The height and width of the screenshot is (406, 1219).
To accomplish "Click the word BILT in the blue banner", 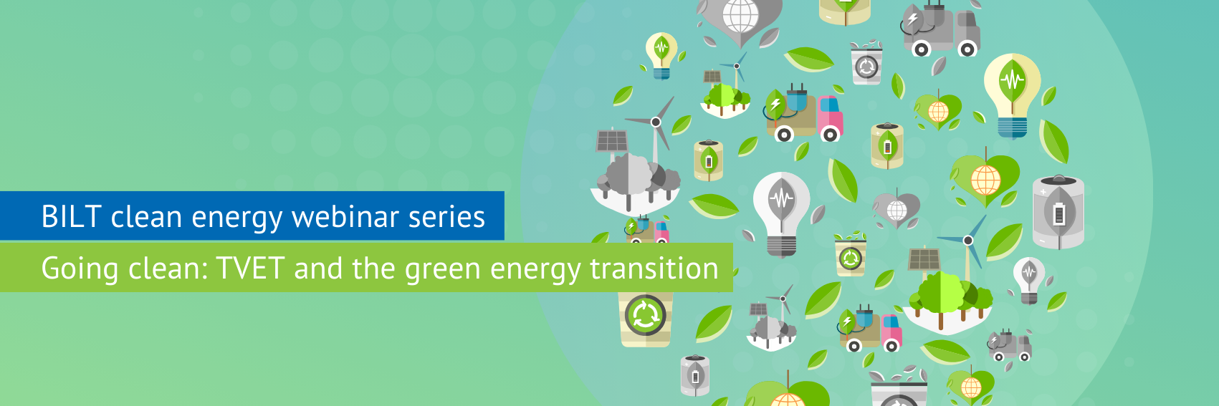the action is [71, 216].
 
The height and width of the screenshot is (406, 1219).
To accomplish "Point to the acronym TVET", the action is [250, 268].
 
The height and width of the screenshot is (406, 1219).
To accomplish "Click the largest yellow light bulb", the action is [1012, 96].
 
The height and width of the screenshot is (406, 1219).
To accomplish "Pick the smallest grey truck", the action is [1010, 345].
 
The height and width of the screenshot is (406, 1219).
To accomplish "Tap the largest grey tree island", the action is [634, 185].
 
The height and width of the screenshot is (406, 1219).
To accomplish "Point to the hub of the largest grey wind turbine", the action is [656, 122].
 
